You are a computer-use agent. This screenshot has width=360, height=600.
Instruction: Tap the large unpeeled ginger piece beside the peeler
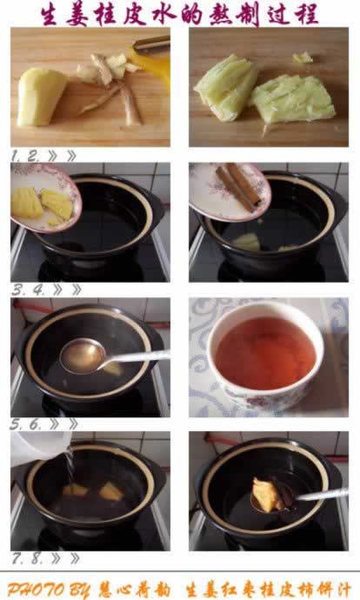[x=40, y=97]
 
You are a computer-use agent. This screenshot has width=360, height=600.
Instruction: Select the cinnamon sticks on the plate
[x=239, y=186]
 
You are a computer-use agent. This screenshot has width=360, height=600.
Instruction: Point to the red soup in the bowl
[x=265, y=353]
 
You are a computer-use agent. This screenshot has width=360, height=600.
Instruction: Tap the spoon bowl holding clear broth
[x=83, y=357]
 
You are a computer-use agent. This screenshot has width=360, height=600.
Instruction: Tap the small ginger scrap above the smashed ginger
[x=303, y=57]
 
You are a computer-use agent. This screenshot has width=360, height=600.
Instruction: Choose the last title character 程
[x=306, y=16]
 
